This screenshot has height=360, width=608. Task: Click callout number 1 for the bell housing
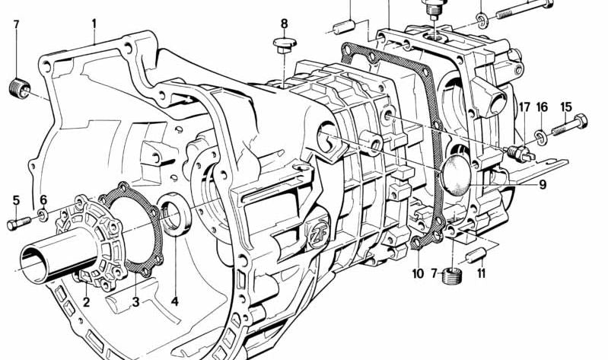point(94,24)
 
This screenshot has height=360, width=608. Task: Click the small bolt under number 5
point(18,224)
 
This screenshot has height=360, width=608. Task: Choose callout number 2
point(87,302)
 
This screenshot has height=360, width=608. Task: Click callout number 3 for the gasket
point(136,302)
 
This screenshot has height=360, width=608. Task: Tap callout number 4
point(174,302)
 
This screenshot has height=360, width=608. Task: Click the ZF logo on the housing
point(315,231)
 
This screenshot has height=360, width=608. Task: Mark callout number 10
point(418,273)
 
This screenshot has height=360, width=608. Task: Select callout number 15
point(565,107)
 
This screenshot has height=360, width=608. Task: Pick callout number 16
point(542,107)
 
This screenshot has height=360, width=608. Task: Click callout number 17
point(524,107)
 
